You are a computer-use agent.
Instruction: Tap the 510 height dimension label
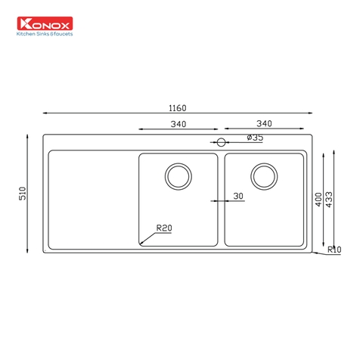point(23,194)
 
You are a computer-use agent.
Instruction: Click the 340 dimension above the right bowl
point(264,124)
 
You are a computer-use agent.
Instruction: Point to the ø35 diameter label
point(255,138)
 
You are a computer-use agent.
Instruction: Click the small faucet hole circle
point(222,142)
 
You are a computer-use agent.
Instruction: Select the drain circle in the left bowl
point(178,175)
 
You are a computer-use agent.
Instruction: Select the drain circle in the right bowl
point(264,175)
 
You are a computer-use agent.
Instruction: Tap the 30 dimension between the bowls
point(238,196)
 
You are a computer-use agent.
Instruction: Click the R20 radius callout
point(164,228)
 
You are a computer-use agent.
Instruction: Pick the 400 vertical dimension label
point(319,199)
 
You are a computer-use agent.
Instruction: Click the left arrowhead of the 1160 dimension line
point(45,113)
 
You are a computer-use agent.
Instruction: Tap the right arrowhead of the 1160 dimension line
point(311,113)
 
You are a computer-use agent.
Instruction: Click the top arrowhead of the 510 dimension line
point(29,137)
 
